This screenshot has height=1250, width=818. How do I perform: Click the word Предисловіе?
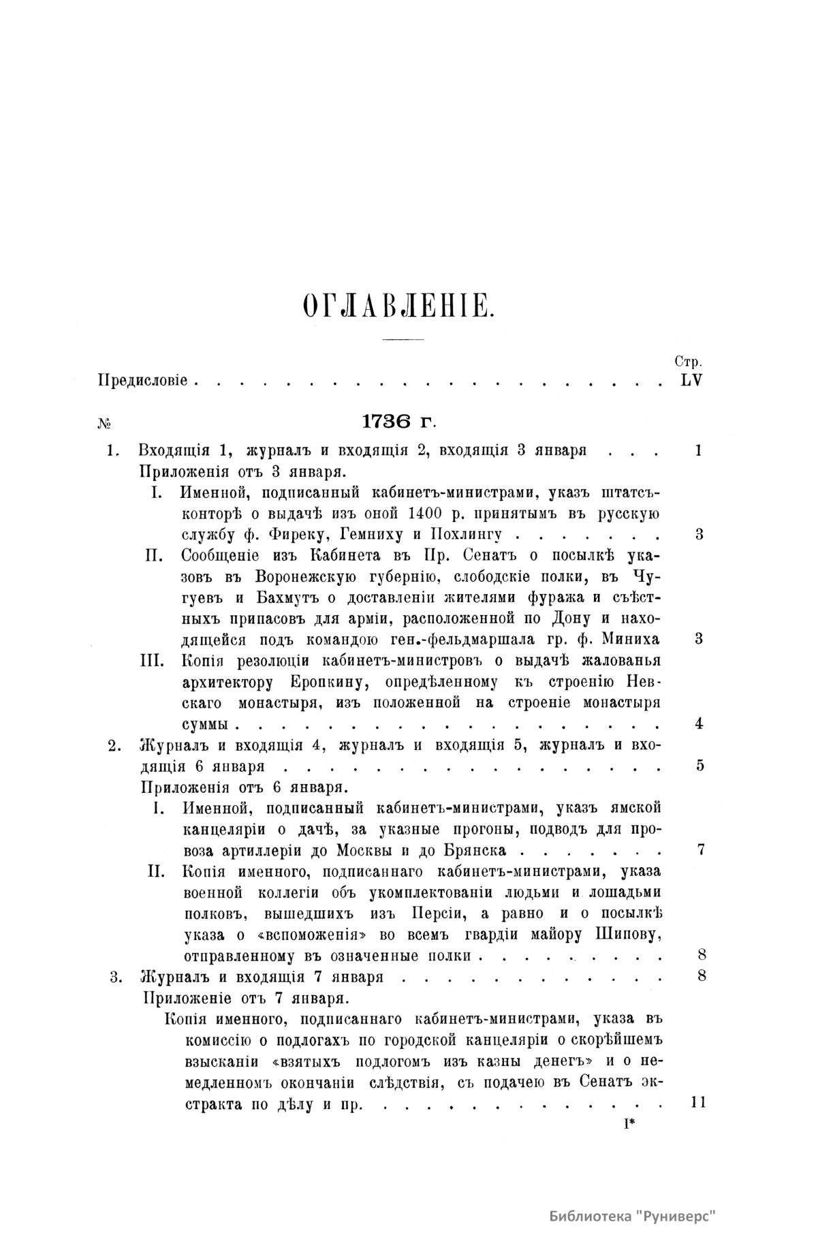click(143, 380)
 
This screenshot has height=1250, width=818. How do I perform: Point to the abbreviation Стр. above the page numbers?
click(688, 362)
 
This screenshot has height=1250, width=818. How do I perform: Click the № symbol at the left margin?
click(104, 424)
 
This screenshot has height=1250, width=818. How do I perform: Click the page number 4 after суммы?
click(699, 723)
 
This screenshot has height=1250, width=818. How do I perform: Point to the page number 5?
click(699, 765)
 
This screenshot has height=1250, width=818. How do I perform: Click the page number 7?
click(699, 849)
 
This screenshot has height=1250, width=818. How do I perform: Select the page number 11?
click(698, 1102)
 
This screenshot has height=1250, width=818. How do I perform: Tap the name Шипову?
click(625, 934)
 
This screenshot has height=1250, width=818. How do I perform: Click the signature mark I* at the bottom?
click(628, 1125)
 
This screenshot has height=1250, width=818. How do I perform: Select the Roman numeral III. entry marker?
click(157, 660)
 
